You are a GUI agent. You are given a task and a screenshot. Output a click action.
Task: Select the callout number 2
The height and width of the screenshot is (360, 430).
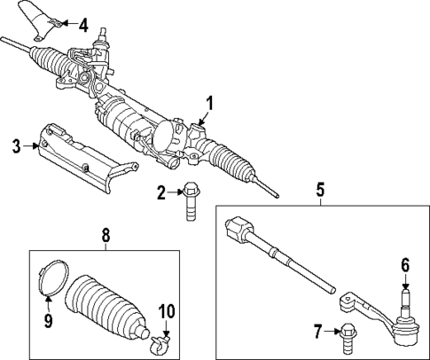click(x=160, y=192)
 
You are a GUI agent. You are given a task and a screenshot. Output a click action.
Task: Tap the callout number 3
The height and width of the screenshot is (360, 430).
click(x=15, y=145)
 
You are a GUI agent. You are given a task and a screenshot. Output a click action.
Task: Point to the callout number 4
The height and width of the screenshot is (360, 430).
click(x=83, y=24)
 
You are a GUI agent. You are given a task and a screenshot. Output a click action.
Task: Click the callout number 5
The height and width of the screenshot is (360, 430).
click(x=320, y=189)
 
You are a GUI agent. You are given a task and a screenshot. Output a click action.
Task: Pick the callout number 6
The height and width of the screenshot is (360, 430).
click(x=404, y=264)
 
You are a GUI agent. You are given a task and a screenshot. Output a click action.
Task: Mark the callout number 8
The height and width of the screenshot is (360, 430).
click(x=106, y=235)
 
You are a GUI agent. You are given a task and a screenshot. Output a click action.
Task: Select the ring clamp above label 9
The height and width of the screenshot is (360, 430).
click(x=51, y=278)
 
